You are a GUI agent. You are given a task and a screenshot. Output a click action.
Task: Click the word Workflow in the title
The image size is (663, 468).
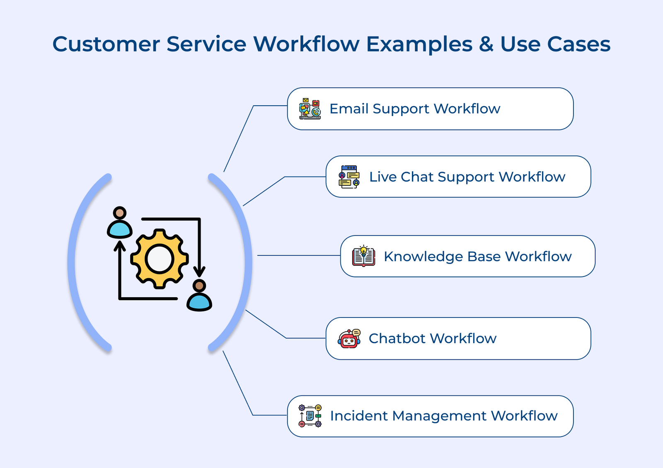coord(306,44)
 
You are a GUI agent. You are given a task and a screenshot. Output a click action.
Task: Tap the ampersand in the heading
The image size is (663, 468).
coord(486,44)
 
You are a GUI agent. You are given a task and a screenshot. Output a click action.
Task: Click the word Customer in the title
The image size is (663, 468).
coord(106,44)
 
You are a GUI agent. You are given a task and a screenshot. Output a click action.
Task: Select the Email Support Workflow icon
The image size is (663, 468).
coord(310,109)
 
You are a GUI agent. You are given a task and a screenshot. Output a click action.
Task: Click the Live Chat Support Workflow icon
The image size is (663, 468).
coord(349,177)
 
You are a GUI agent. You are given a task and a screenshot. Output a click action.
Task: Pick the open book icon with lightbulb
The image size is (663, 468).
coord(363,256)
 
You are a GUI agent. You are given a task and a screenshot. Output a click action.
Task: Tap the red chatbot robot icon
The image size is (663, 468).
coord(349,339)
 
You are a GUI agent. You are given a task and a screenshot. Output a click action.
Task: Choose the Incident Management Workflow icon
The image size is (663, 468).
coord(310,416)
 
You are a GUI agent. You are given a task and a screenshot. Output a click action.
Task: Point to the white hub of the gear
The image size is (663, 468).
coord(160,259)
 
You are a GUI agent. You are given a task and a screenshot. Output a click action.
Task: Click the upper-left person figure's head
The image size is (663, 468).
coord(120,213)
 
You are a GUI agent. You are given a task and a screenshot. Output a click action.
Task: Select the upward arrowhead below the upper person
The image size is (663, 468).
coord(120,245)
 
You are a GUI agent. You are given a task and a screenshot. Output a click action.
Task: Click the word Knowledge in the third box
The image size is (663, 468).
coord(423,257)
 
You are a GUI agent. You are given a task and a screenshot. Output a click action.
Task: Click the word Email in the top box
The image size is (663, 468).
coord(348,109)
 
